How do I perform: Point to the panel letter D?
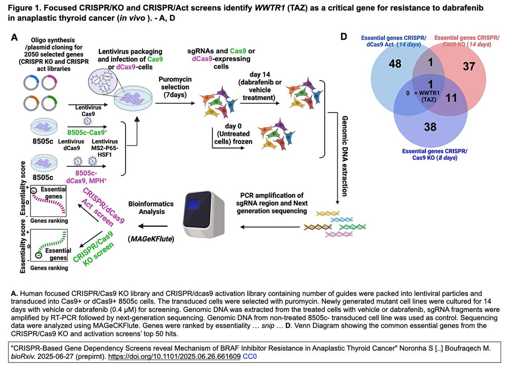click(x=345, y=37)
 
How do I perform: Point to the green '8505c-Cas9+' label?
click(x=88, y=132)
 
